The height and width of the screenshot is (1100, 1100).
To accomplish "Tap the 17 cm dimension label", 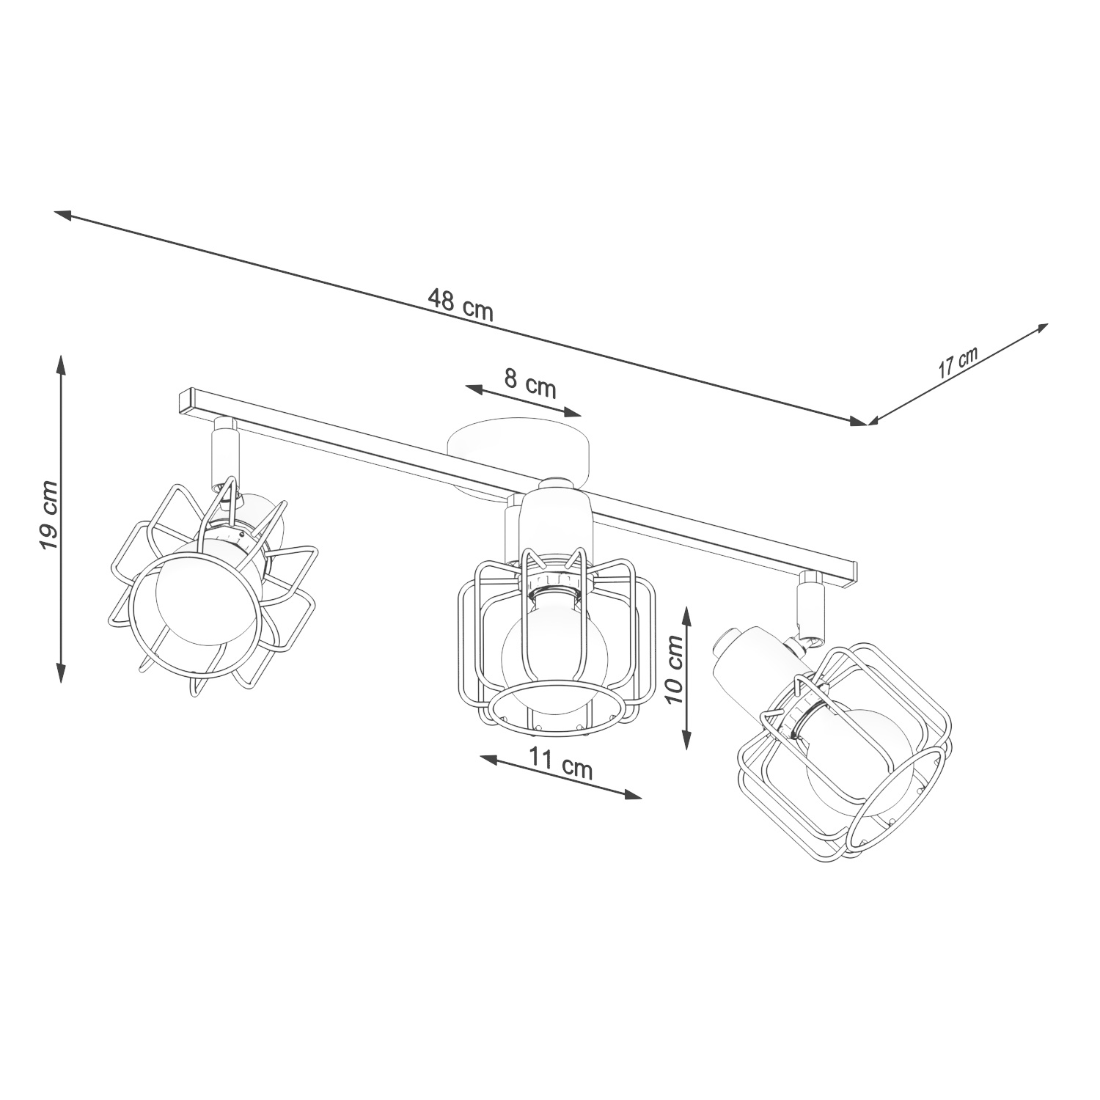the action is [958, 362].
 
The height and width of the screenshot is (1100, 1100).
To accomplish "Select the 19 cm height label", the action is [48, 516].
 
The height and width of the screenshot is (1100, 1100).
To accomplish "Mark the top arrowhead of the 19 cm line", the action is [61, 364].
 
